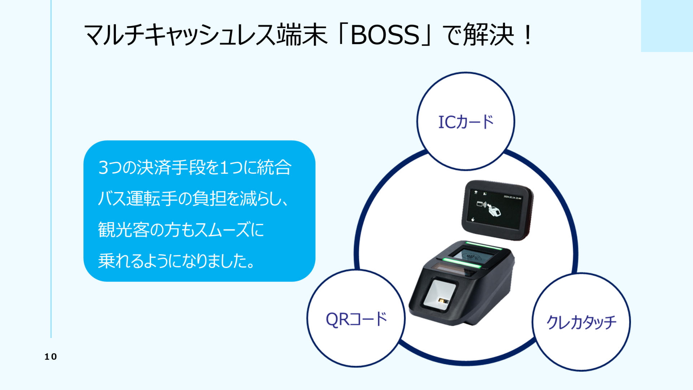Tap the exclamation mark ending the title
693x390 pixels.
coord(528,35)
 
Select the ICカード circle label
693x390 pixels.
coord(466,122)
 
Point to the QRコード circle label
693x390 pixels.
coord(356,319)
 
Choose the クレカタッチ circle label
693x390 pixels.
coord(581,322)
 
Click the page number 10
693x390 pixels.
coord(51,357)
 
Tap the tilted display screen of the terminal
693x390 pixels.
coord(497,210)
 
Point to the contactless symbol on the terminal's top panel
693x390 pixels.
coord(474,256)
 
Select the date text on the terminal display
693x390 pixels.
coord(513,197)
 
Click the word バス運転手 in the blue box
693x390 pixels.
coord(137,198)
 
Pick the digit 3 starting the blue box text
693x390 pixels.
coord(103,168)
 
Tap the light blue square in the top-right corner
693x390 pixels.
coord(667,26)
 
